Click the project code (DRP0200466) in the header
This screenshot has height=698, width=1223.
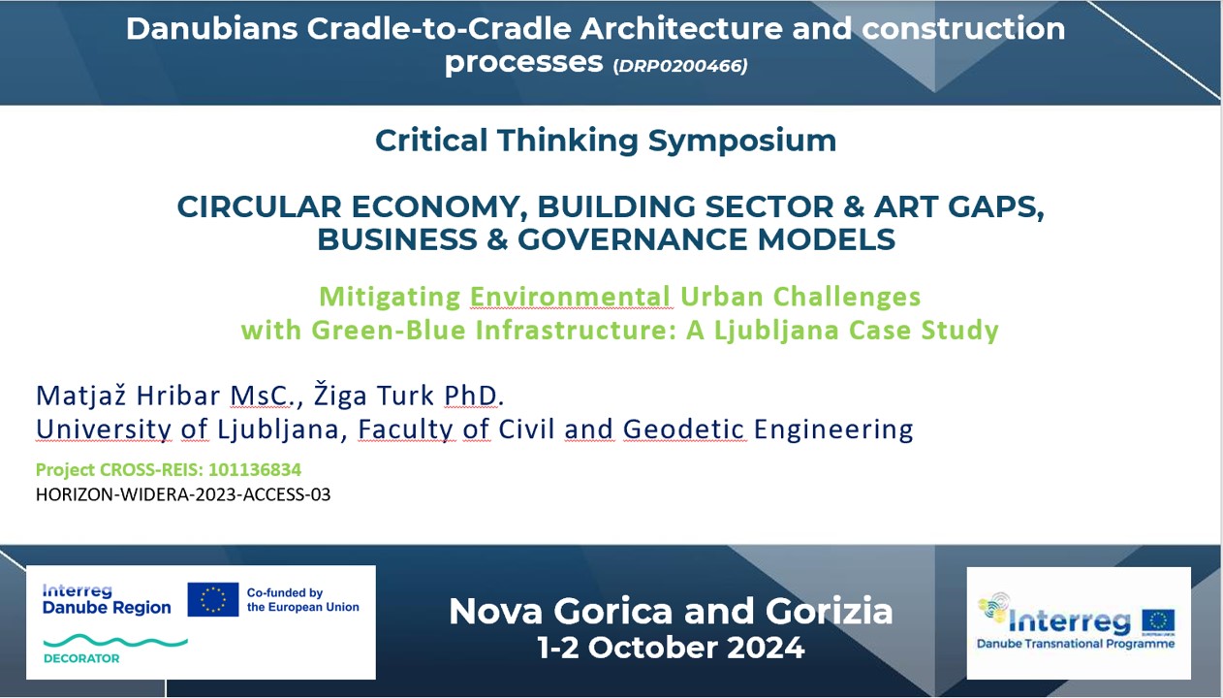pos(679,66)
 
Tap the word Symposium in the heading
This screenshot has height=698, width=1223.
pos(742,142)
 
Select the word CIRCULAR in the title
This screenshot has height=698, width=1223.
pos(260,207)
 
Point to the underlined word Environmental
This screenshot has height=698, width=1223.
pos(571,297)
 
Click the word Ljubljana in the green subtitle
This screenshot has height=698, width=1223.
pos(776,331)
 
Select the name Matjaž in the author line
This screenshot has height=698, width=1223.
pos(82,396)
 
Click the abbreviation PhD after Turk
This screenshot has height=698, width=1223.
pos(470,396)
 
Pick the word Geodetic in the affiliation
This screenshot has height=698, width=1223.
pos(683,429)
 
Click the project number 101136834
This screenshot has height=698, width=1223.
pos(255,470)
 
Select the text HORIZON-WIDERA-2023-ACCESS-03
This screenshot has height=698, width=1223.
pos(183,494)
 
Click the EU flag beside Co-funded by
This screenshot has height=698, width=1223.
pos(213,600)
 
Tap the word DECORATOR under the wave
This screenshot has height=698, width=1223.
pos(81,658)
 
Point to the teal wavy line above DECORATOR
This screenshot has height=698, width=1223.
pos(115,641)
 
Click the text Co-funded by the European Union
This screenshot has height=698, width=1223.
pos(303,600)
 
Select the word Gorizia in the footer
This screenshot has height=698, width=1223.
pos(829,611)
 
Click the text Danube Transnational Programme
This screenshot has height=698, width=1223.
pos(1076,644)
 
